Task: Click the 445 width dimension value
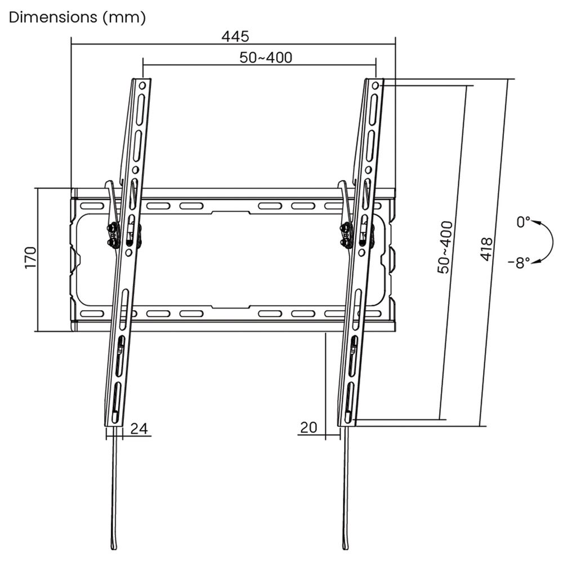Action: point(235,37)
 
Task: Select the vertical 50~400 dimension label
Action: point(445,247)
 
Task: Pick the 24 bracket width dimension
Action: point(139,428)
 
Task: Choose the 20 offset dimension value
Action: point(308,427)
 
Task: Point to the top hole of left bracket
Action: point(142,86)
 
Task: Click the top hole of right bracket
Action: point(376,86)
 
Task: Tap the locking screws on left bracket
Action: point(113,235)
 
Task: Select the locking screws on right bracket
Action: point(346,235)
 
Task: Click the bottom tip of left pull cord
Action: point(115,546)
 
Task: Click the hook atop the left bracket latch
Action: point(109,184)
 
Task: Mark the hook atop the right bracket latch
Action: point(342,184)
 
